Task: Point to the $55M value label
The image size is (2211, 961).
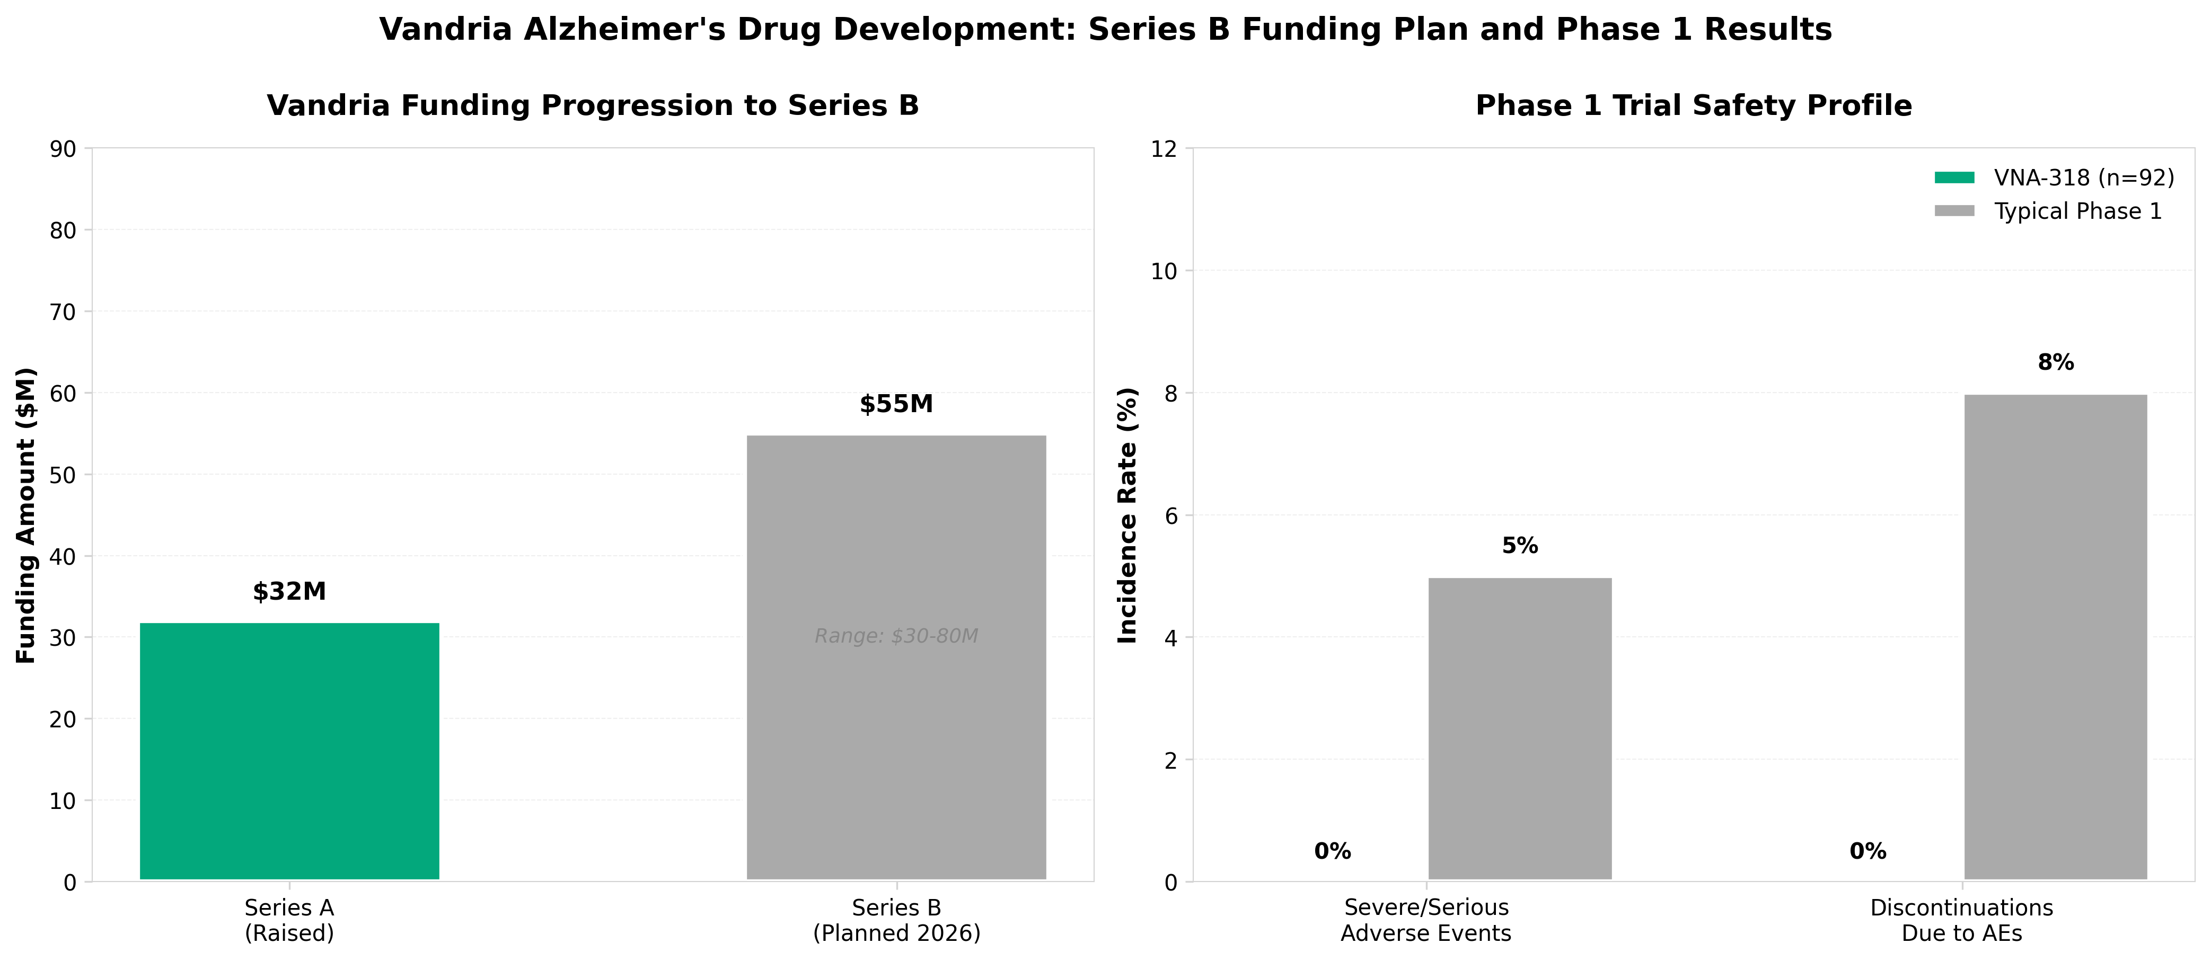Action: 896,404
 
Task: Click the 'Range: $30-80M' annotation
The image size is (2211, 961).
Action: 896,636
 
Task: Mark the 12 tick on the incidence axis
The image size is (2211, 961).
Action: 1164,149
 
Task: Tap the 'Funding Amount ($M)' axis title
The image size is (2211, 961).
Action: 27,515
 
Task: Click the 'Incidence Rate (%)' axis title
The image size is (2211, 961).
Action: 1127,515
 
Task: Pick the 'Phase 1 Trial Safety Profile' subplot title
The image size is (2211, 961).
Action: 1693,105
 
